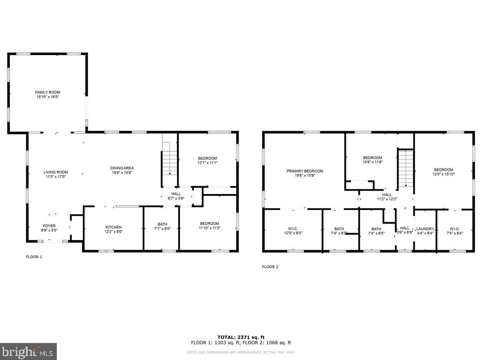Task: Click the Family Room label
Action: [47, 92]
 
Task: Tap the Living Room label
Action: [56, 172]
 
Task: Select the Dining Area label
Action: [122, 168]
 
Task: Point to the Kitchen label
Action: [114, 227]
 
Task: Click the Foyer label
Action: [49, 226]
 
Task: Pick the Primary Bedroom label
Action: [305, 171]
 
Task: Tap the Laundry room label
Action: [425, 229]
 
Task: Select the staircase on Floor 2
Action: [406, 168]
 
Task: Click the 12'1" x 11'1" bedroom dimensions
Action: [207, 163]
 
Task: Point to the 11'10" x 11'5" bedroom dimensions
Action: [210, 228]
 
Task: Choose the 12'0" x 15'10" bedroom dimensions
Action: [443, 174]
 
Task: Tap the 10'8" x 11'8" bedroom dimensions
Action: [372, 162]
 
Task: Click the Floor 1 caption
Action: [34, 257]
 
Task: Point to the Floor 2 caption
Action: [270, 267]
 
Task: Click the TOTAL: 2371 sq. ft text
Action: [241, 337]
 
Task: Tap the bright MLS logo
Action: [28, 351]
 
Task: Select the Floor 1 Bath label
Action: [162, 224]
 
